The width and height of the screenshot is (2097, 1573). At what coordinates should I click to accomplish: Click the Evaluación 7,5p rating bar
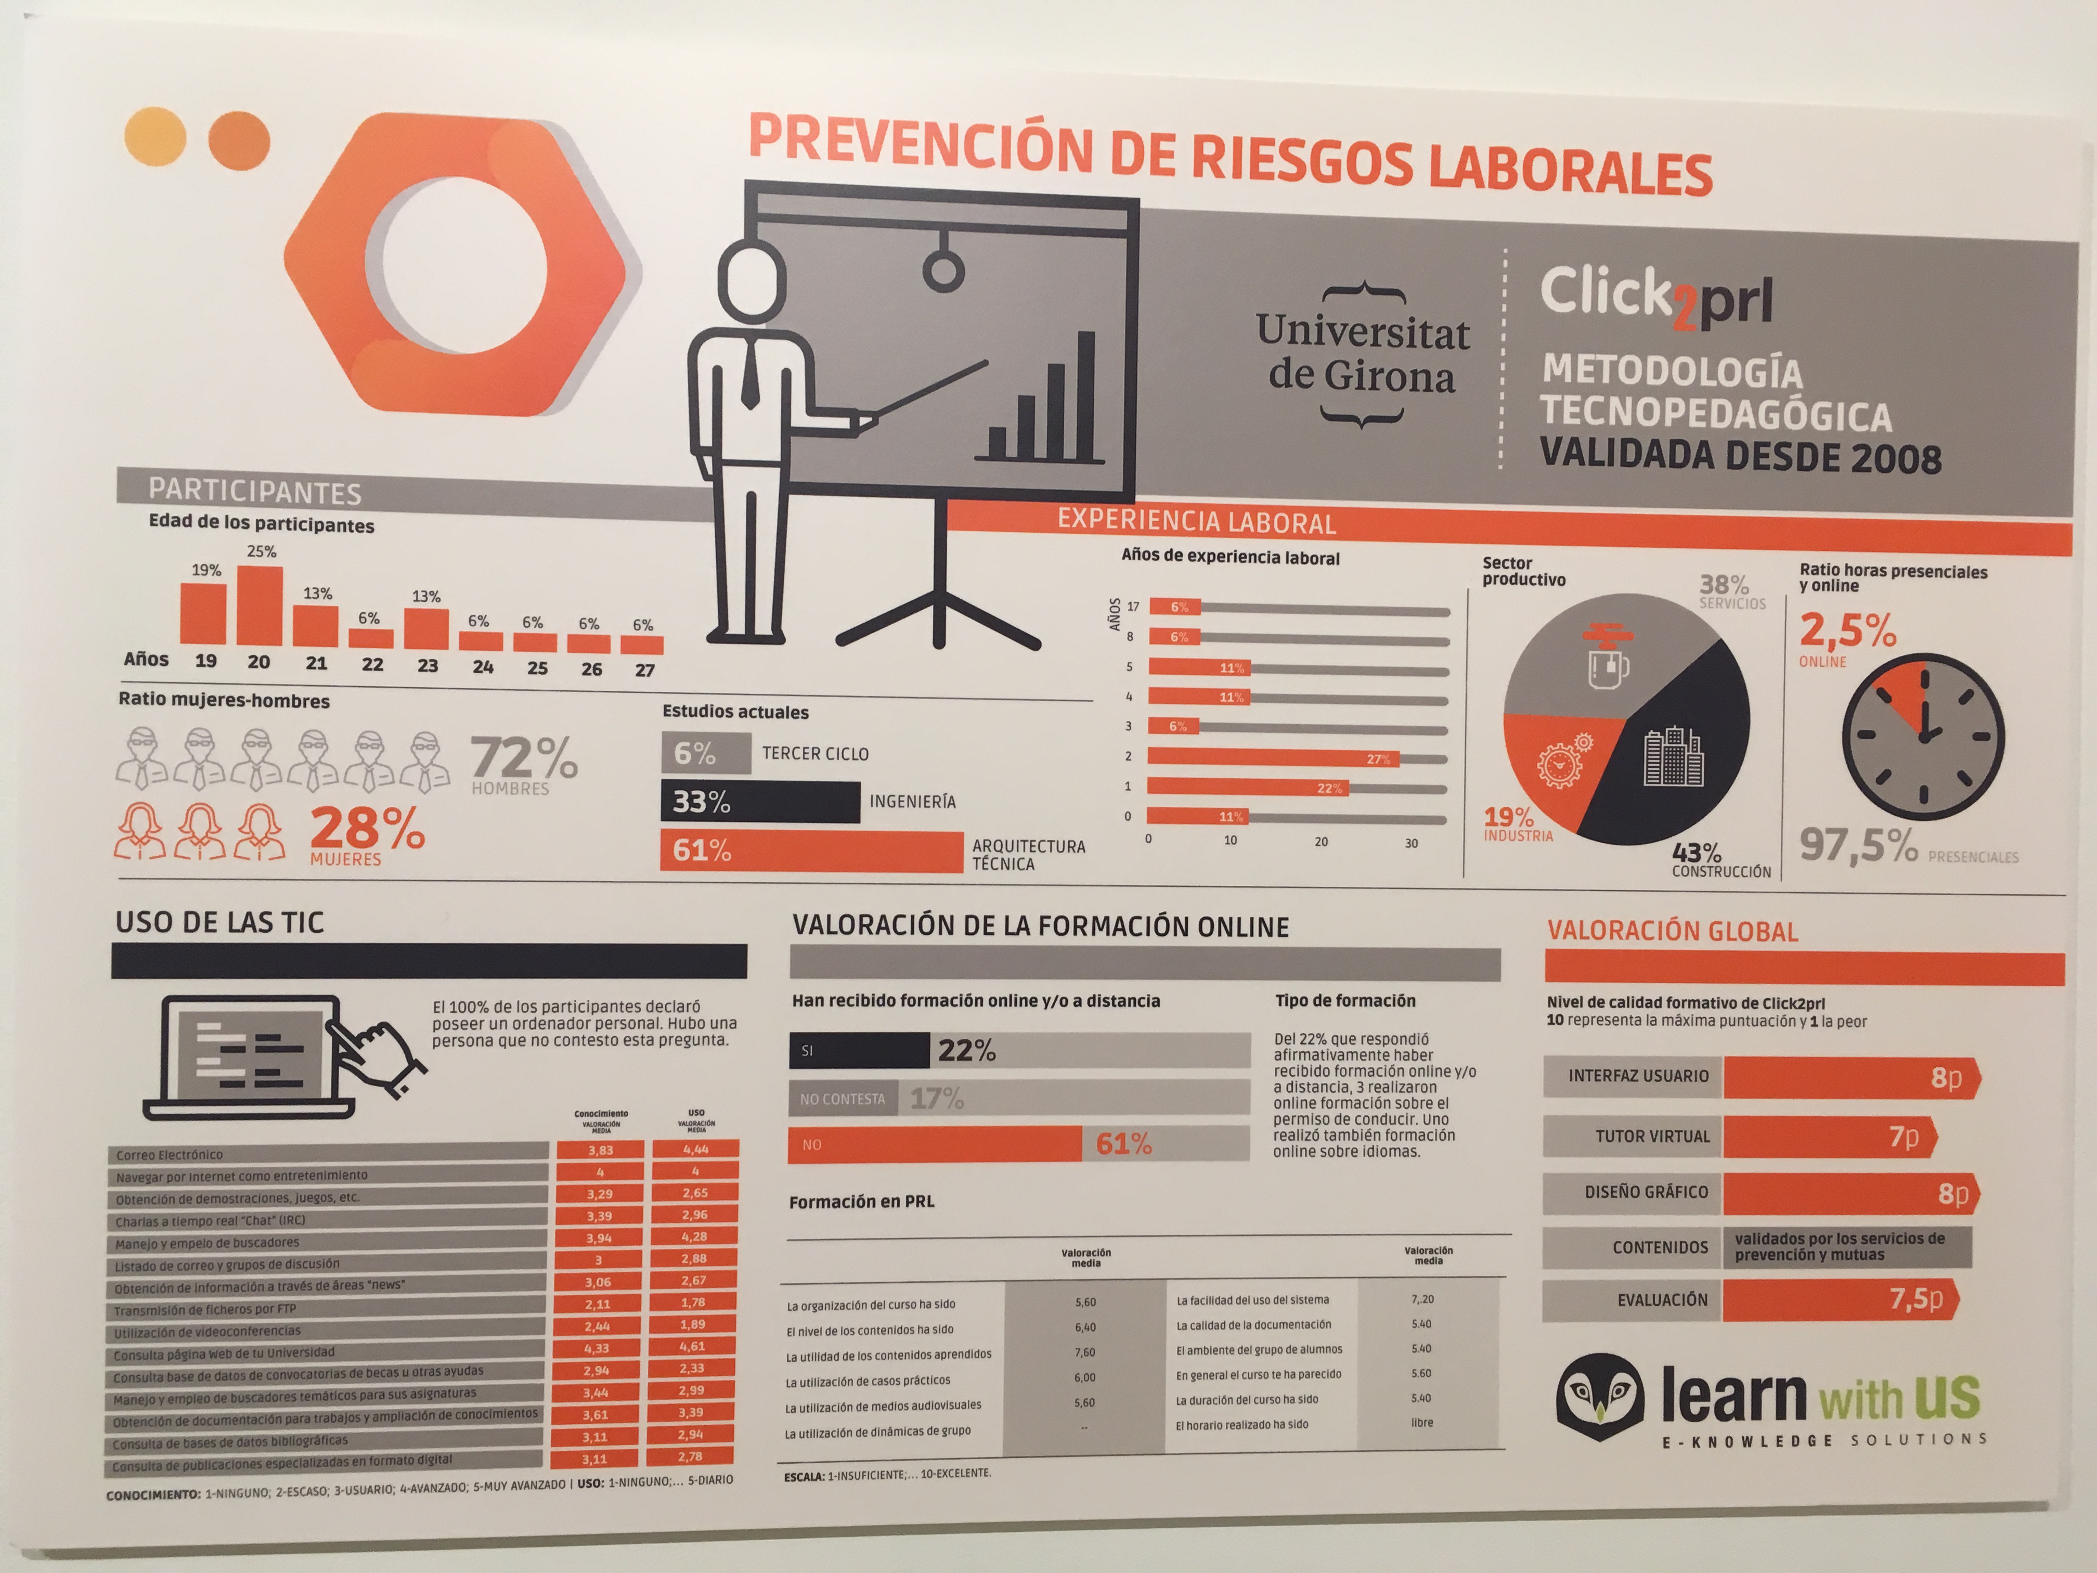[x=1839, y=1299]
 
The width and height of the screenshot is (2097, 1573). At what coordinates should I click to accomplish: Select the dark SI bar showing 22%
[x=859, y=1050]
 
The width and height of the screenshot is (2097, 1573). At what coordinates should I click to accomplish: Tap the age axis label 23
[x=428, y=666]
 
